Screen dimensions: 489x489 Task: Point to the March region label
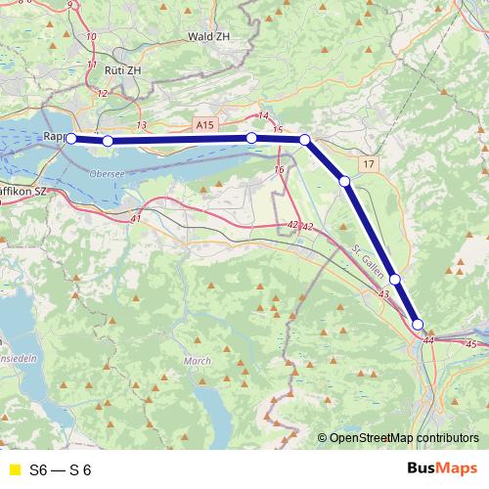coord(197,361)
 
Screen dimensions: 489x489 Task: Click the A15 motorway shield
coord(203,125)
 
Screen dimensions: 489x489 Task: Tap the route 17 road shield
coord(367,163)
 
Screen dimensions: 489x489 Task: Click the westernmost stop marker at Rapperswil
coord(70,139)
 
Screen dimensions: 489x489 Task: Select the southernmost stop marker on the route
coord(418,325)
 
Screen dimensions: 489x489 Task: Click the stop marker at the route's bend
coord(305,140)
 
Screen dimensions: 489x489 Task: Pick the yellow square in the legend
coord(14,469)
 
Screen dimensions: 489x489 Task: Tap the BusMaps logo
coord(441,468)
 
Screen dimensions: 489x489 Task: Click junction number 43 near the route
coord(382,294)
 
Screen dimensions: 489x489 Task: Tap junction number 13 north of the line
coord(143,125)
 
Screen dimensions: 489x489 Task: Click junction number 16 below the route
coord(280,170)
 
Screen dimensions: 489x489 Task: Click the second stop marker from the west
coord(108,141)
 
